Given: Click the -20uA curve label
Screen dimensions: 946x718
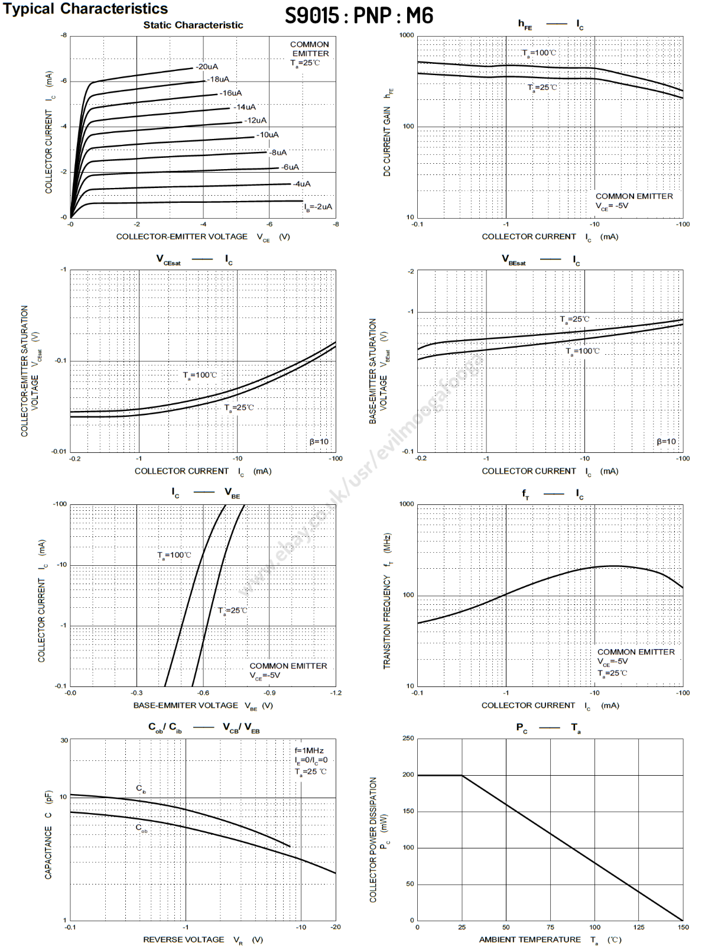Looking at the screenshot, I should click(207, 67).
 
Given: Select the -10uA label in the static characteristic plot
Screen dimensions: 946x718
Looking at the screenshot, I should click(268, 135).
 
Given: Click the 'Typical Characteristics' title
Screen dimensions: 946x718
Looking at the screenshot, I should click(86, 9).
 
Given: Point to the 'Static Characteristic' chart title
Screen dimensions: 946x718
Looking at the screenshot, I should click(193, 25).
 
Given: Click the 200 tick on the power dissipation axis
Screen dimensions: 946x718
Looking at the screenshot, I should click(408, 775).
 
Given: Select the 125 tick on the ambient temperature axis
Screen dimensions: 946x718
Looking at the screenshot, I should click(639, 927).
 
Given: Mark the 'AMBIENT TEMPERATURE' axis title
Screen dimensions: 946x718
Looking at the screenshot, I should click(529, 939).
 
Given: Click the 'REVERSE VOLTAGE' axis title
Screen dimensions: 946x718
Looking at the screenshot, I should click(184, 939).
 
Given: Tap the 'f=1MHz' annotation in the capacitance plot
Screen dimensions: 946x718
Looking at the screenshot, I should click(309, 750).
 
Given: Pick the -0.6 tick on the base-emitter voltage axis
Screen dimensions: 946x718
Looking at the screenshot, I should click(203, 692).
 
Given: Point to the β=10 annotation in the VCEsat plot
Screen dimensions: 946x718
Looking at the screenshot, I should click(319, 442).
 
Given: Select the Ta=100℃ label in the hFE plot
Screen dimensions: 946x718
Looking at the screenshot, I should click(539, 53).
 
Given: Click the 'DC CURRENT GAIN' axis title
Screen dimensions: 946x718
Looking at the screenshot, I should click(387, 141).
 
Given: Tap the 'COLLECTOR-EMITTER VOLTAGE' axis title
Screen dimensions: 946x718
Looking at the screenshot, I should click(182, 237).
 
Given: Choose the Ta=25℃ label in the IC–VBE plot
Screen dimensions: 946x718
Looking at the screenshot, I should click(232, 610).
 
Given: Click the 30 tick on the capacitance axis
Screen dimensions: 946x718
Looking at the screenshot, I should click(64, 740).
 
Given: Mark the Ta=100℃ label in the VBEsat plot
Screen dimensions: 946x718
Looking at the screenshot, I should click(583, 351).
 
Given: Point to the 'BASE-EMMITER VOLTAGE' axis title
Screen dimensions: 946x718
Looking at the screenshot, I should click(186, 705).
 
